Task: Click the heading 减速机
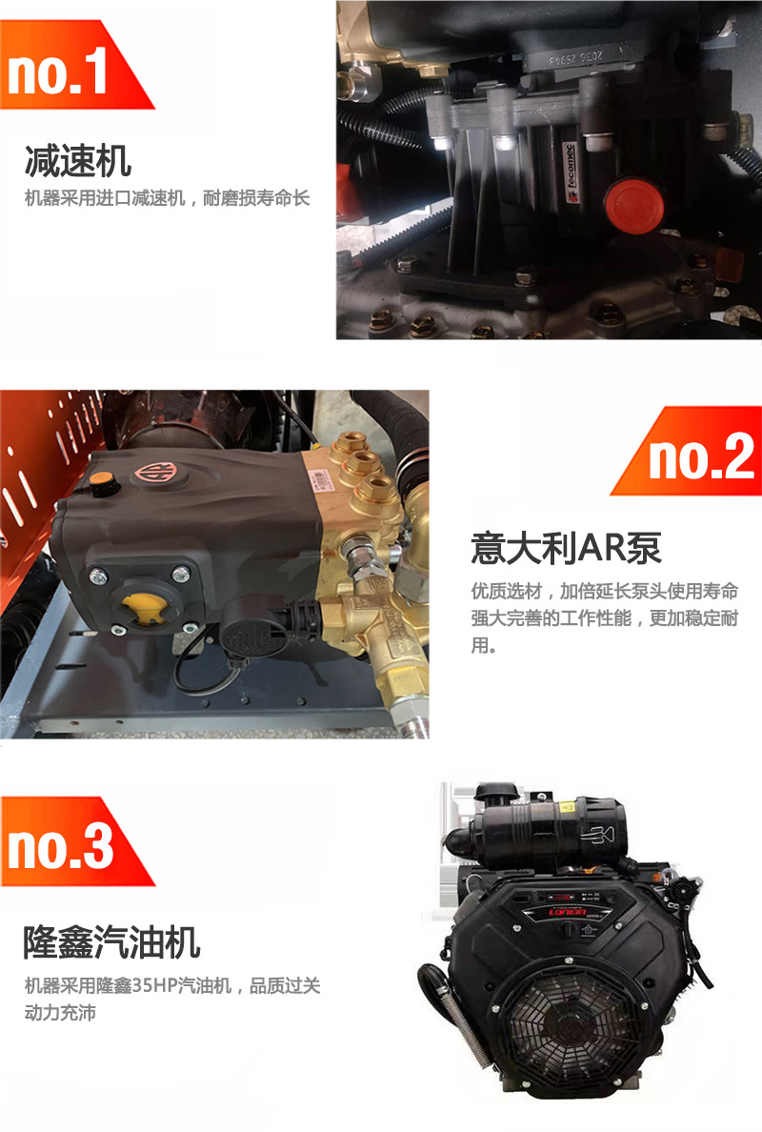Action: click(x=78, y=161)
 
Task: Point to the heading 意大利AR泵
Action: click(x=567, y=548)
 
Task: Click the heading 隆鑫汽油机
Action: click(x=111, y=942)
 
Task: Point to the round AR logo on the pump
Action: click(x=152, y=475)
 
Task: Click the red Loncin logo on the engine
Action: click(x=568, y=913)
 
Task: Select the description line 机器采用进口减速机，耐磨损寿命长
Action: click(x=168, y=198)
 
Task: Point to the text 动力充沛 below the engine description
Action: click(x=60, y=1013)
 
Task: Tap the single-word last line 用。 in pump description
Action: click(x=484, y=645)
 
